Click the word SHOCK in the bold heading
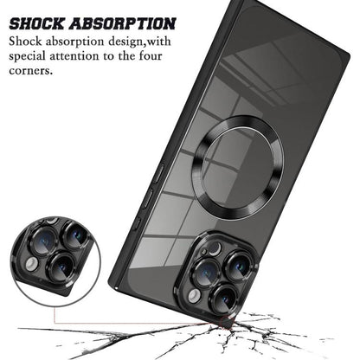[36, 23]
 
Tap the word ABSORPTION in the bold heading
[122, 23]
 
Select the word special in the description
[27, 56]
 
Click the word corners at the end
[31, 71]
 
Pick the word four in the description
[150, 55]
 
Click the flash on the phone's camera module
[194, 296]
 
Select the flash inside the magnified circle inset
[31, 264]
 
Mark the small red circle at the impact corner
[226, 322]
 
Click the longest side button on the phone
[158, 173]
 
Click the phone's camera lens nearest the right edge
[238, 266]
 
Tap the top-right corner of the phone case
[348, 55]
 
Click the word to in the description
[109, 56]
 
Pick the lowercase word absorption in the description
[75, 42]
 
